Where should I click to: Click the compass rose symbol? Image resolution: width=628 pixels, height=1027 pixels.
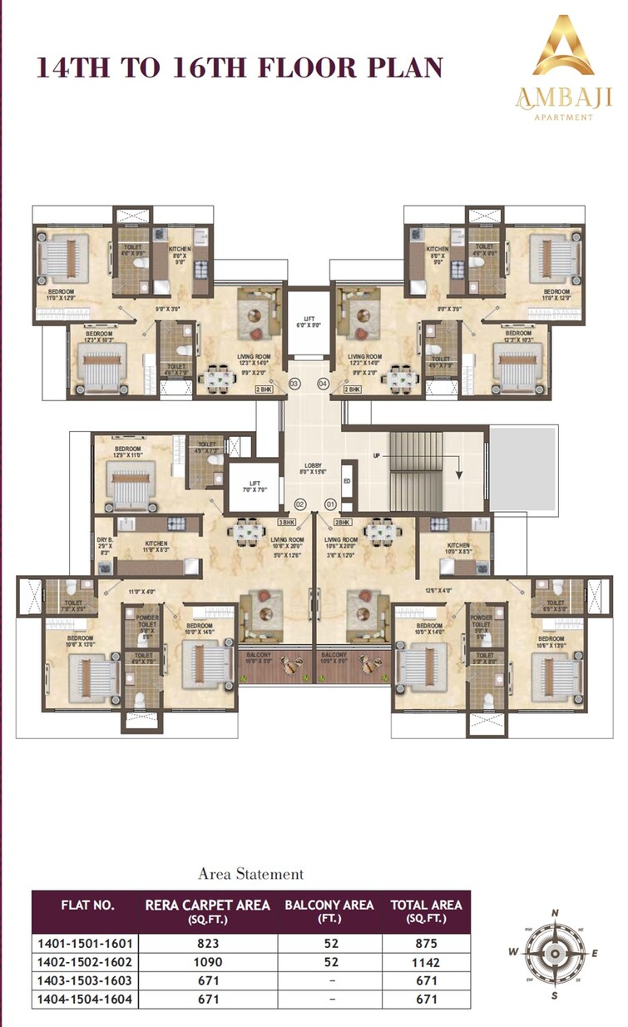pos(551,952)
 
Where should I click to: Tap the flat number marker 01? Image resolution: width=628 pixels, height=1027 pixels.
pos(330,504)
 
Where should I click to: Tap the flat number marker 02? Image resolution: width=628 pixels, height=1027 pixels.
pos(301,504)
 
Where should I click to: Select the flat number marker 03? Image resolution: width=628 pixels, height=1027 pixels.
pos(294,384)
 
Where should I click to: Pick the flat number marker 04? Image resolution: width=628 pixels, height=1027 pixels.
pos(323,384)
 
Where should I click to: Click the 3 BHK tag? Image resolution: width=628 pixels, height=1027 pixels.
pos(287,522)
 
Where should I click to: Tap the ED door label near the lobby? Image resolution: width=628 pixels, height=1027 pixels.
pos(346,480)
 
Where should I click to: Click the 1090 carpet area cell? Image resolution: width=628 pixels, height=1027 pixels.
pos(208,961)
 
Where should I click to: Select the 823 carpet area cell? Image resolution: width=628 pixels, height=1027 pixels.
pos(208,943)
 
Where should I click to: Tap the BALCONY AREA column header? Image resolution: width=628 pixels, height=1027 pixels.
pos(329,910)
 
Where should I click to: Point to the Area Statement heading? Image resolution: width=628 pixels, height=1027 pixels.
pos(250,874)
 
